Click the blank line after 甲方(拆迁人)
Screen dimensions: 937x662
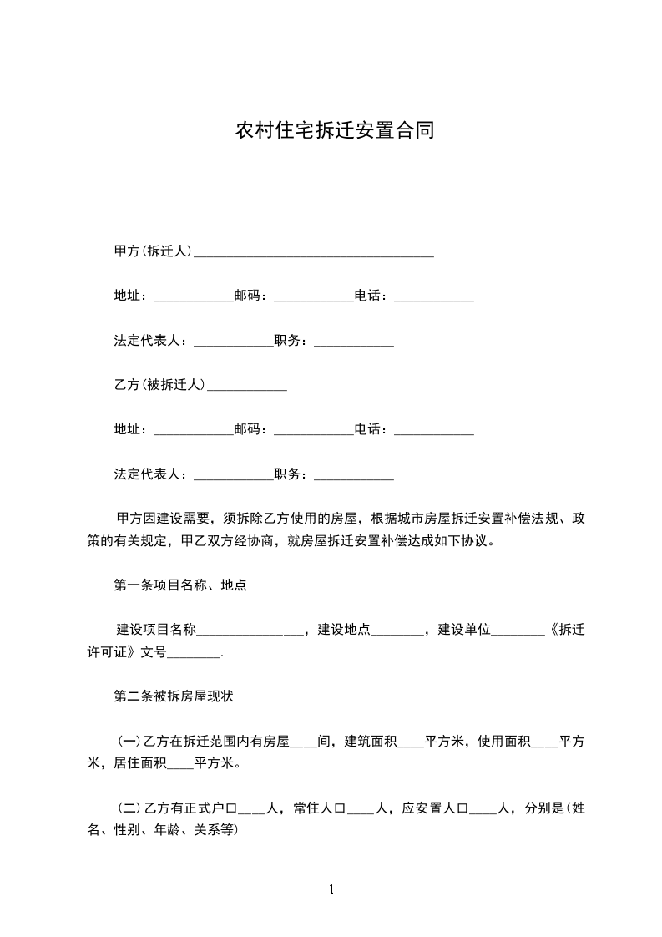(x=314, y=252)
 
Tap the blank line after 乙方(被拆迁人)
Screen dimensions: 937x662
(x=247, y=386)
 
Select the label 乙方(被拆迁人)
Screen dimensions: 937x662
(x=159, y=385)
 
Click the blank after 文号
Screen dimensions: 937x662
(x=195, y=653)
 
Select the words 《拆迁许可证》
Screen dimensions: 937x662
(x=564, y=631)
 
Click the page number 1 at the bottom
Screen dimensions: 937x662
(x=331, y=890)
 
